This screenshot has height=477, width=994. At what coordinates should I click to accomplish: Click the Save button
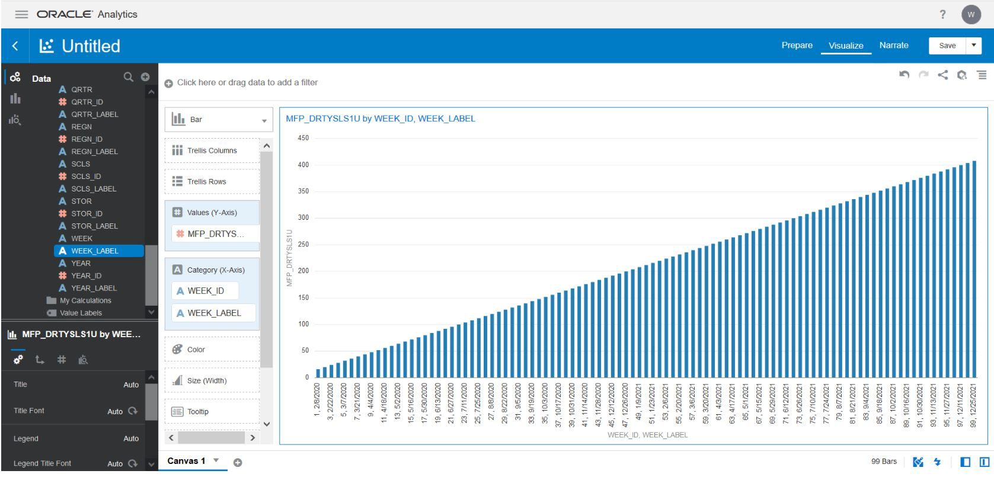tap(947, 46)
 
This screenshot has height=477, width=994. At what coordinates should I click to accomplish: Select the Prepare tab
tap(797, 46)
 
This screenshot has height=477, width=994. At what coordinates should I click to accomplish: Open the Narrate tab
tap(893, 46)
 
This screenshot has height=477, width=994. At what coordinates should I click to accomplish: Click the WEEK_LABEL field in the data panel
tap(95, 251)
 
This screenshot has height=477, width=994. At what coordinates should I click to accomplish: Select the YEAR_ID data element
tap(86, 276)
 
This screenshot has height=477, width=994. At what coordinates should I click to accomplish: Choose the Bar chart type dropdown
tap(219, 120)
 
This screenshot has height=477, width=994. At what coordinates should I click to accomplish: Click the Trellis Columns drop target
tap(212, 151)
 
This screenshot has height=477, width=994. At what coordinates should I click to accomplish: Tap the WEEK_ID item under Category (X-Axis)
tap(206, 291)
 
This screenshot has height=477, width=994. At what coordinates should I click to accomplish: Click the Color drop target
tap(212, 350)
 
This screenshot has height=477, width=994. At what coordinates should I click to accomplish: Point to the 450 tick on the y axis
tap(303, 138)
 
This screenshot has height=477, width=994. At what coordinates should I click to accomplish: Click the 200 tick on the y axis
tap(303, 271)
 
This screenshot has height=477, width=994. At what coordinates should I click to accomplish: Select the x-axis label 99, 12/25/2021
tap(973, 405)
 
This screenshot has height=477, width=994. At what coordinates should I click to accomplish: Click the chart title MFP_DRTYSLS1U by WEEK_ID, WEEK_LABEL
tap(380, 119)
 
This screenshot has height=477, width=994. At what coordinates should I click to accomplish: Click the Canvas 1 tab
tap(186, 461)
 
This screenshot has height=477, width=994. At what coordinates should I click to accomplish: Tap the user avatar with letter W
tap(971, 15)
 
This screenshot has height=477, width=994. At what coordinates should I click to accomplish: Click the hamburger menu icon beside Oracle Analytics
tap(21, 14)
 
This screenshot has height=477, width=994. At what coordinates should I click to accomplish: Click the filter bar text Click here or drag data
tap(247, 83)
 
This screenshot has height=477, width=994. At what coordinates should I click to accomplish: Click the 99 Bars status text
tap(883, 462)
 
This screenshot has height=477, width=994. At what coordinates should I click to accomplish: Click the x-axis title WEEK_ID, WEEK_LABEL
tap(647, 435)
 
